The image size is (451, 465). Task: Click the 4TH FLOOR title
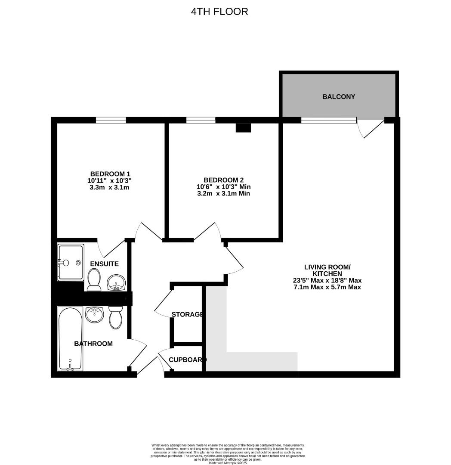(219, 12)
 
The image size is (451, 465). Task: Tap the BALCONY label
(339, 97)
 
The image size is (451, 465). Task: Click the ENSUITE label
(104, 263)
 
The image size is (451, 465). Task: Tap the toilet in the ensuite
(93, 279)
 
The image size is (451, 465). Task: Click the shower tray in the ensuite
(71, 262)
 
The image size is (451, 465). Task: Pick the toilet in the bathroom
(115, 318)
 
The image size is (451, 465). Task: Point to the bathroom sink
(94, 315)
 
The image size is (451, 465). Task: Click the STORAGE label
(187, 314)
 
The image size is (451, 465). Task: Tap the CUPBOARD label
(188, 360)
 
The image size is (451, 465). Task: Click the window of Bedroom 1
(111, 120)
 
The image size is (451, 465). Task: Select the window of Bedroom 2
(201, 120)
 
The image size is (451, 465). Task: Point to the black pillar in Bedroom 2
(243, 127)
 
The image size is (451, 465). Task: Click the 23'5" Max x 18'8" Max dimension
(327, 280)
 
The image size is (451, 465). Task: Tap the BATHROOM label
(93, 344)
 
